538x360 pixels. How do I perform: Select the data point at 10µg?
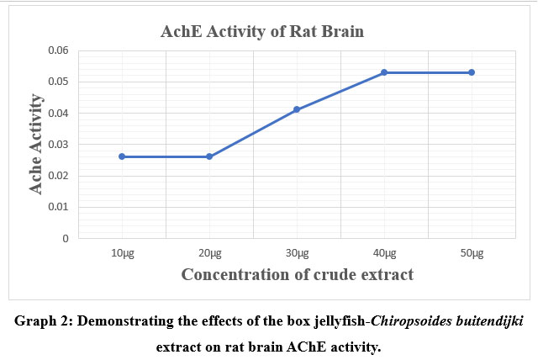coord(123,156)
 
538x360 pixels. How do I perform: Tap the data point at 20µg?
coord(209,156)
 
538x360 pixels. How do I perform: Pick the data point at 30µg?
coord(297,109)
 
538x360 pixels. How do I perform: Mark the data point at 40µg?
coord(384,72)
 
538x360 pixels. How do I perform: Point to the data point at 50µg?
coord(472,72)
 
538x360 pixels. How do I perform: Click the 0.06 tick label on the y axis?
coord(57,50)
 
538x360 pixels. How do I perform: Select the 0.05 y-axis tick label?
coord(57,82)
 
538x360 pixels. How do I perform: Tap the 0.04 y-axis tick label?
coord(57,113)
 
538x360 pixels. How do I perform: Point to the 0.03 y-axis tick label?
coord(57,145)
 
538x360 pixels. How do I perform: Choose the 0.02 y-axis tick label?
coord(57,176)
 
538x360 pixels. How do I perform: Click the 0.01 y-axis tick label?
coord(57,207)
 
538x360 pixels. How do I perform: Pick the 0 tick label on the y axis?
coord(66,239)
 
